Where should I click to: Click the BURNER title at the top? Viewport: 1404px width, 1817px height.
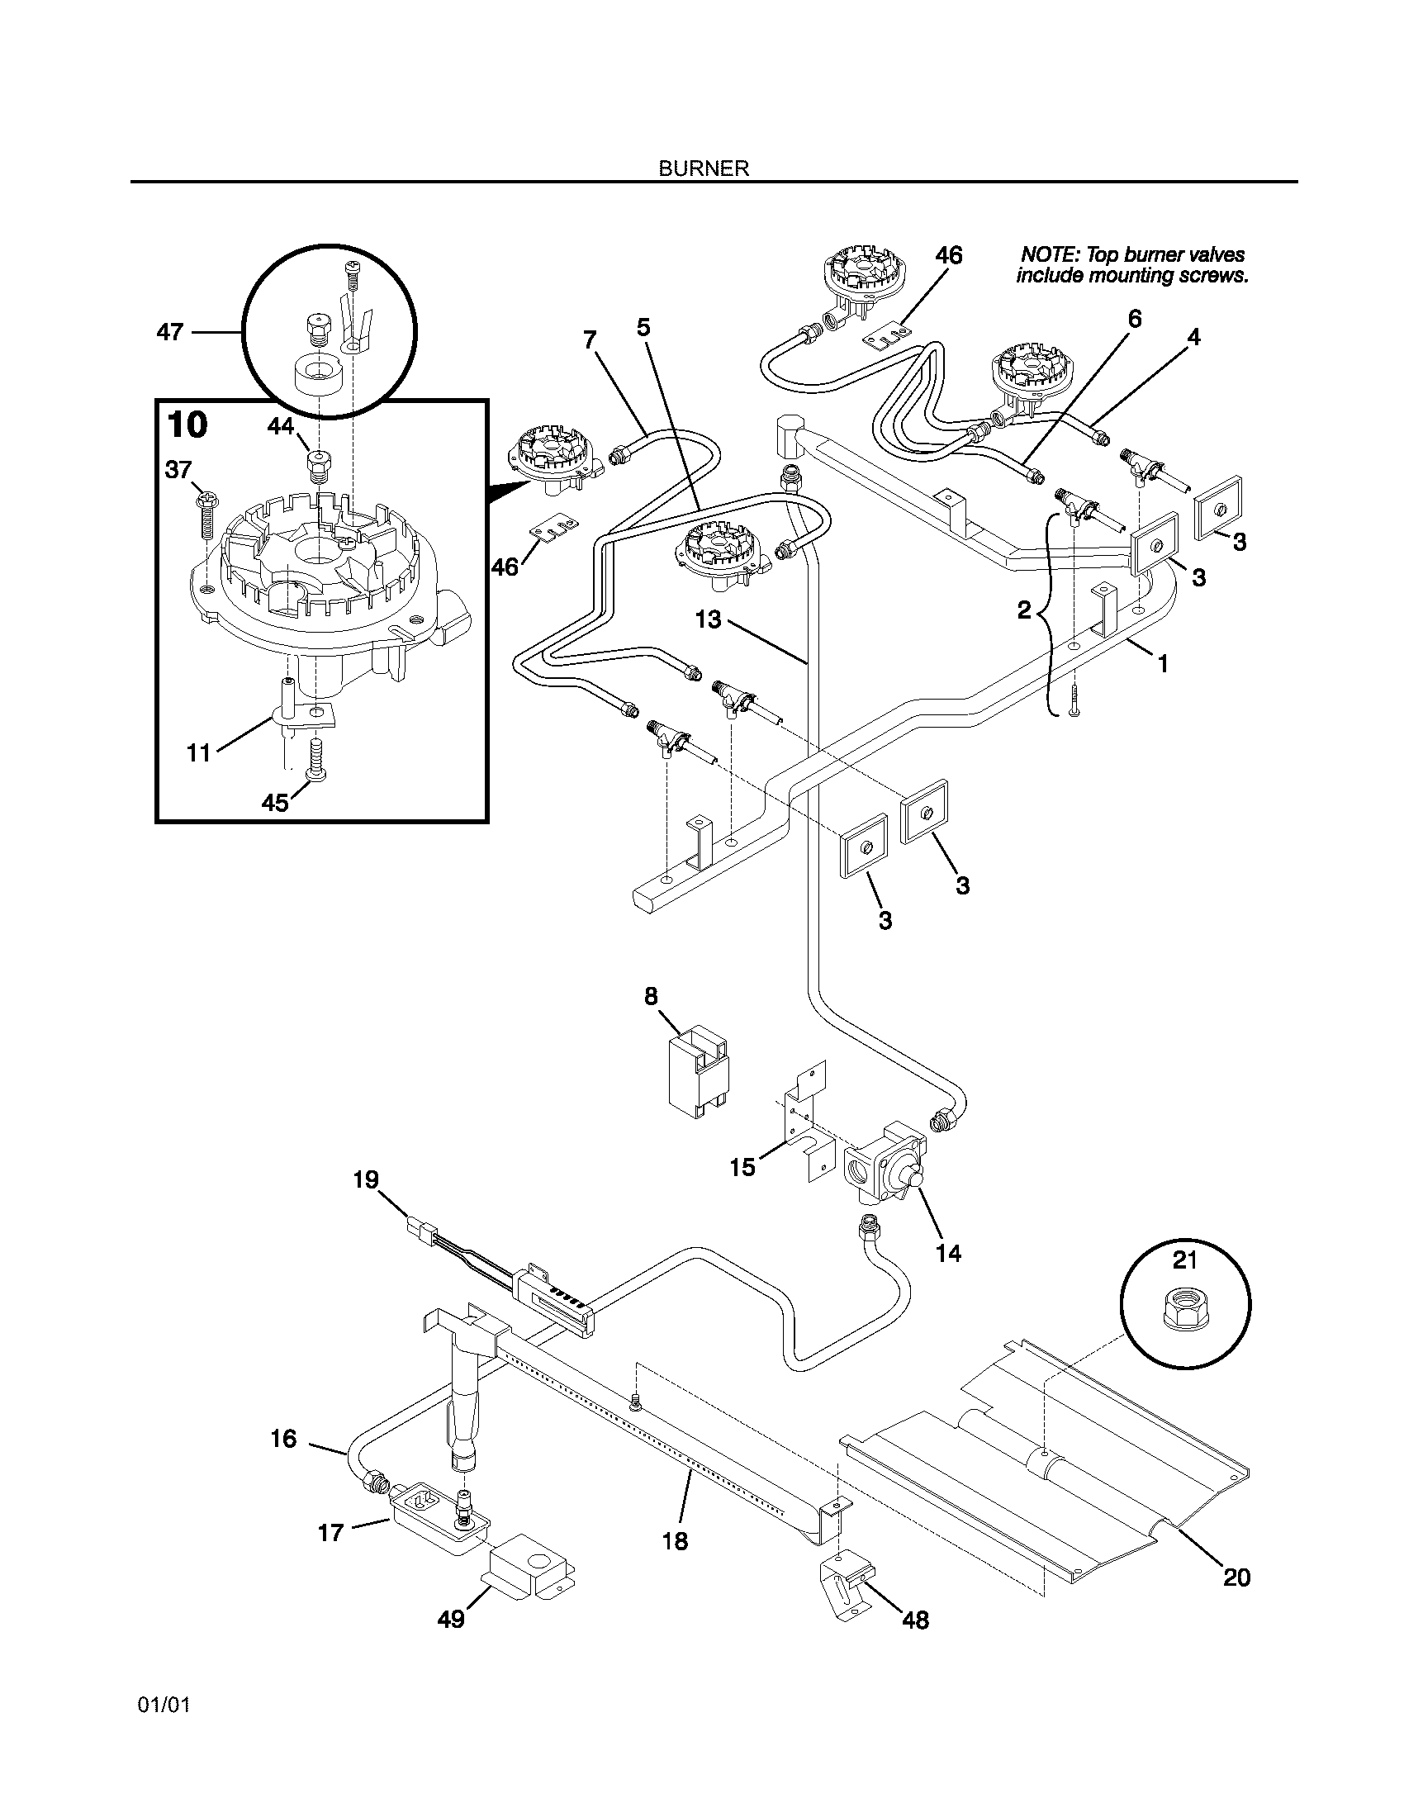click(704, 168)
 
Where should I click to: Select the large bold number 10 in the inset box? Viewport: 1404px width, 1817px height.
click(187, 425)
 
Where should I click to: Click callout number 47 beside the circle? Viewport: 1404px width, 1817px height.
click(169, 333)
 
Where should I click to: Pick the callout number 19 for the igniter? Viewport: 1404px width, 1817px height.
click(366, 1179)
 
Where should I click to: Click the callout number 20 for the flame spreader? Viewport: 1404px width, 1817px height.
click(1237, 1577)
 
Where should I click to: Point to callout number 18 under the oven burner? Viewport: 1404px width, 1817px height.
click(676, 1542)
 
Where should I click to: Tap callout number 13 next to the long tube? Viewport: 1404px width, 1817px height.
click(708, 619)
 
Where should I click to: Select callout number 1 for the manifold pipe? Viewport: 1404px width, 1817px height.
click(1163, 664)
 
